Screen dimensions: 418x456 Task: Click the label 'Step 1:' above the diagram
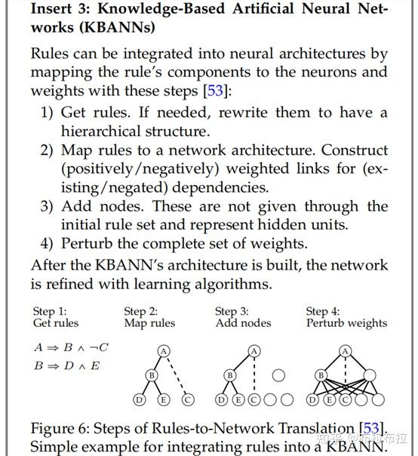point(51,311)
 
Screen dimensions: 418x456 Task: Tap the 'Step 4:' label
point(323,311)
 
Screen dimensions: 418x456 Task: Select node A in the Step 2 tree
point(163,350)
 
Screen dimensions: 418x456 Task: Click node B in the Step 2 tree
point(151,374)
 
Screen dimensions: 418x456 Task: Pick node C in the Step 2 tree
point(188,400)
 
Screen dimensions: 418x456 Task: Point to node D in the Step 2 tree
point(139,400)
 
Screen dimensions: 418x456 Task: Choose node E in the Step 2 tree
point(164,400)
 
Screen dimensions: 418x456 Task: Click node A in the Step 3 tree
point(254,350)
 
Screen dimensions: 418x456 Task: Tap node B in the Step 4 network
point(321,374)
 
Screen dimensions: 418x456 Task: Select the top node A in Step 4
point(346,350)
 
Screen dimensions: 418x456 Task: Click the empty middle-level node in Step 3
point(278,374)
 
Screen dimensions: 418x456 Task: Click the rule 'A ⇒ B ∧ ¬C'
point(71,347)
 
